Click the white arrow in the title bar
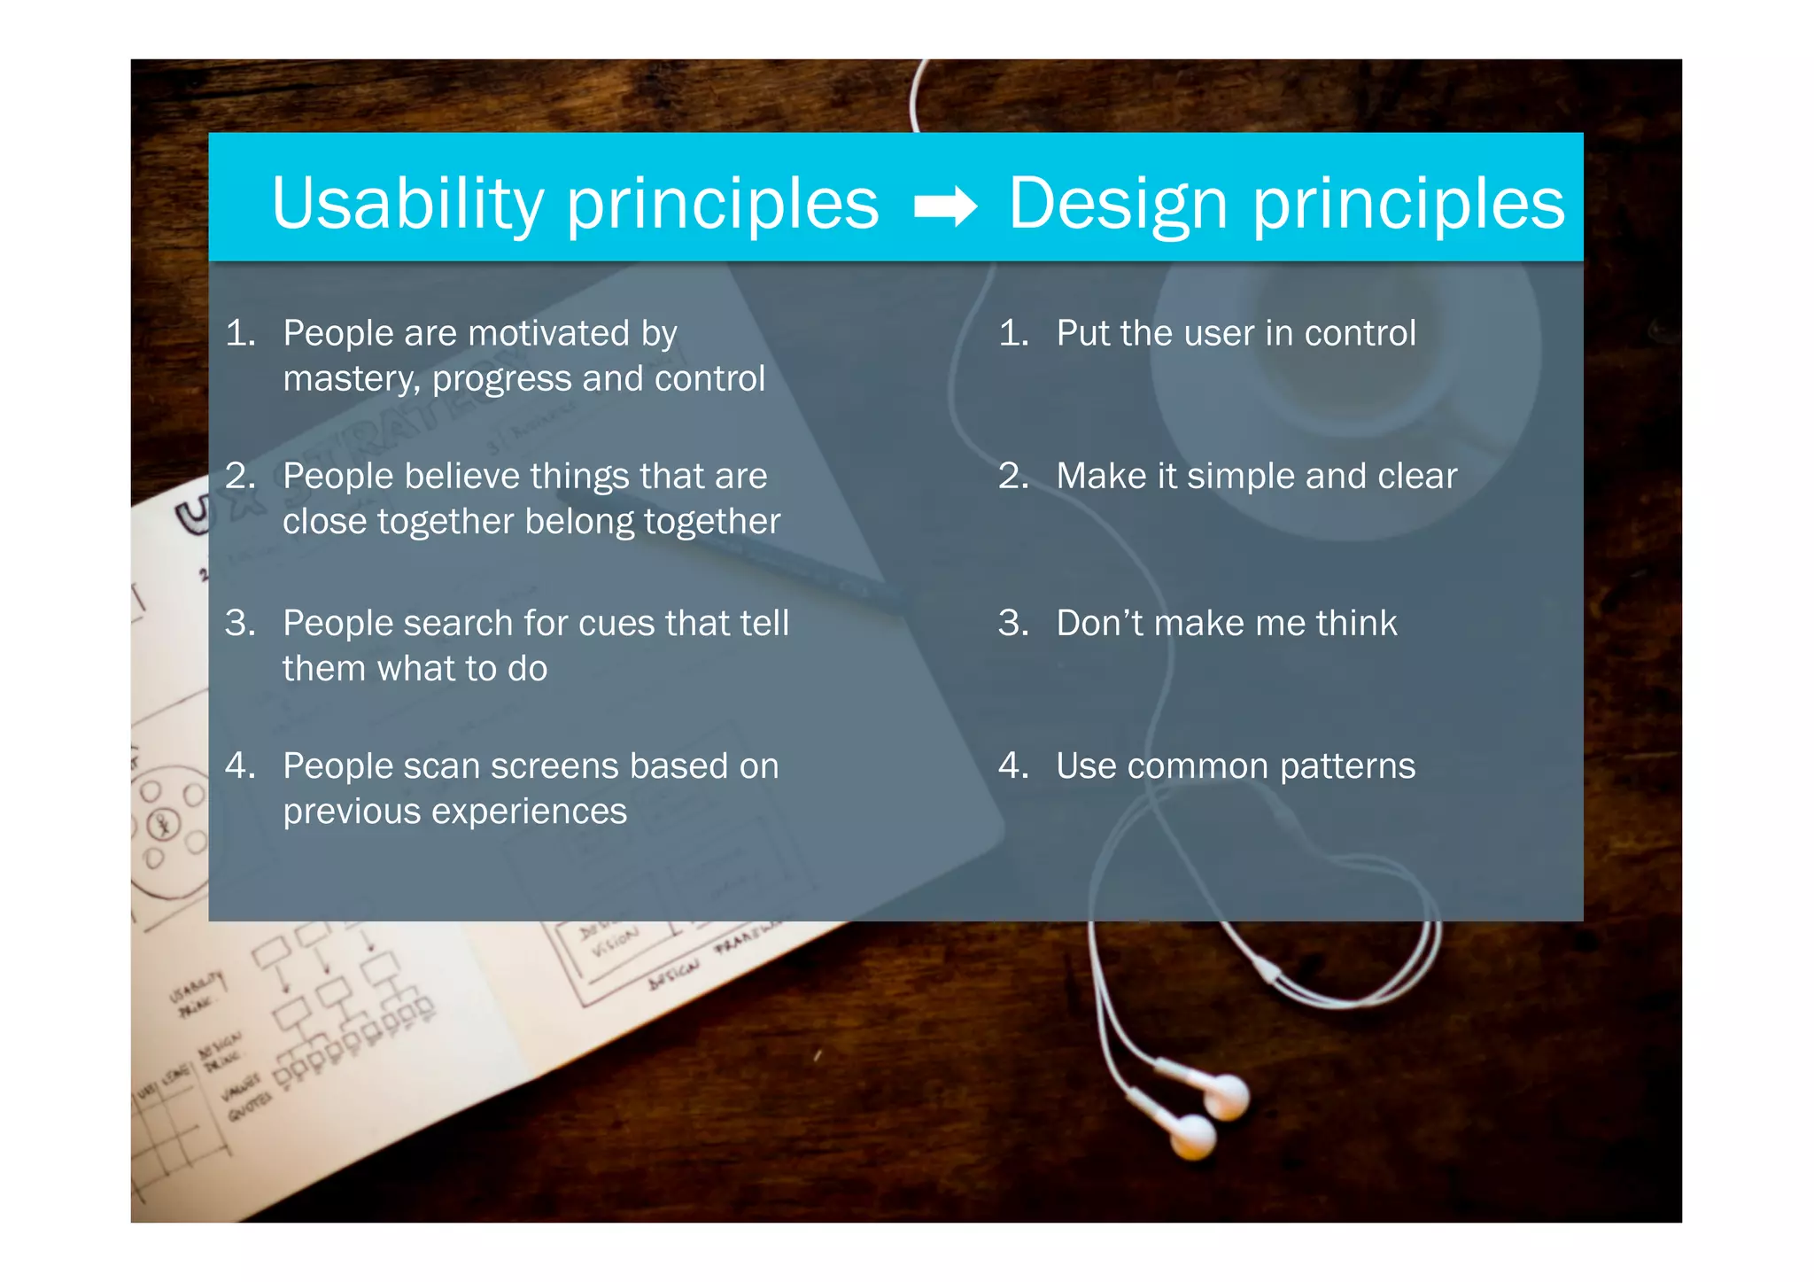[x=945, y=206]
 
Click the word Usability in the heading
[x=407, y=204]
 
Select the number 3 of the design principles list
[x=1012, y=623]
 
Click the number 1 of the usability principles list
[x=239, y=334]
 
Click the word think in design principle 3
[x=1356, y=623]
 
